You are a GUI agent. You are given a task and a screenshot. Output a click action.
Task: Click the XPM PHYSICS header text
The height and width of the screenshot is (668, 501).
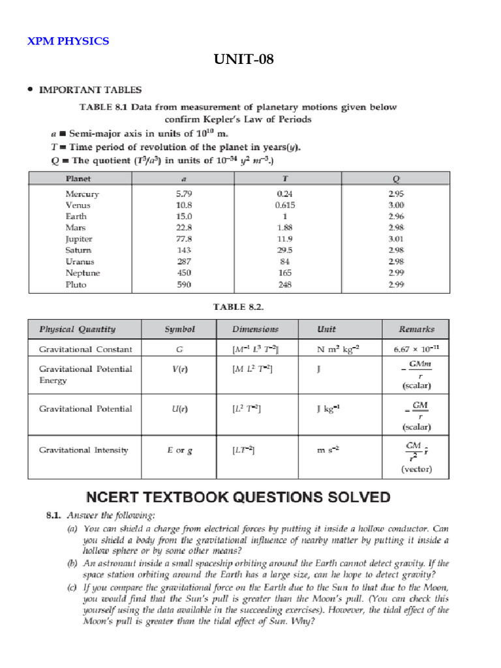pyautogui.click(x=68, y=41)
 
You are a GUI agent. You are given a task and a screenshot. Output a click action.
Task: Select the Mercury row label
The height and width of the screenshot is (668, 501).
pyautogui.click(x=82, y=194)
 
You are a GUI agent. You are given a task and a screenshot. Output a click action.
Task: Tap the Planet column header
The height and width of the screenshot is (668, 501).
pyautogui.click(x=78, y=178)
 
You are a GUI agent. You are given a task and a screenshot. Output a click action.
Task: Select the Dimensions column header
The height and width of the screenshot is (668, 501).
pyautogui.click(x=255, y=329)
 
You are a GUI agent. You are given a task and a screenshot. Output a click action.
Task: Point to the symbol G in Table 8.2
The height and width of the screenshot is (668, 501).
pyautogui.click(x=179, y=350)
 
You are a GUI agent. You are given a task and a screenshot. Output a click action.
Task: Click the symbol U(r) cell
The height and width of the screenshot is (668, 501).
pyautogui.click(x=179, y=409)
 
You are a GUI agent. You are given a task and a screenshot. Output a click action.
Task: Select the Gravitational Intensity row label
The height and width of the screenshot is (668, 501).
pyautogui.click(x=83, y=450)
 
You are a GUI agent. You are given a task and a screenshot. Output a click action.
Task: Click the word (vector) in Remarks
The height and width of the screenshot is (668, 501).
pyautogui.click(x=417, y=469)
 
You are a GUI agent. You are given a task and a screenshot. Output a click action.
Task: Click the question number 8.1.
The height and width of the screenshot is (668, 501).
pyautogui.click(x=53, y=515)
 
